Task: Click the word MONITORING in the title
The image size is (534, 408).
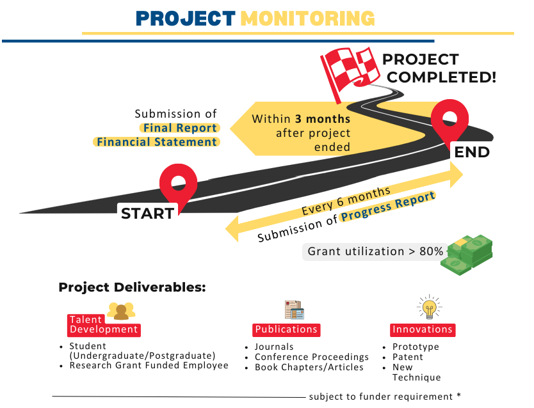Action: (x=308, y=18)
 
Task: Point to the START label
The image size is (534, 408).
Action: (x=147, y=214)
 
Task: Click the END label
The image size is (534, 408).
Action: (x=472, y=152)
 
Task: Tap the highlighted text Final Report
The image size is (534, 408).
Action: (x=180, y=128)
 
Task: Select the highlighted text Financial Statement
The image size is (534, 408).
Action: (x=157, y=142)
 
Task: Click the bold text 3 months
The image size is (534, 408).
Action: (x=323, y=119)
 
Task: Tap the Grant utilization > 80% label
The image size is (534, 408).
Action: (x=375, y=251)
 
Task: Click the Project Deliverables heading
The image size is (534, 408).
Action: (x=132, y=287)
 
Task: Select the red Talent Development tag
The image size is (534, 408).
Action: (x=103, y=325)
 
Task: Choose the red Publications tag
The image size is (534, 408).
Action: (x=286, y=329)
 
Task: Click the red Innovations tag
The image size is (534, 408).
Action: (x=423, y=329)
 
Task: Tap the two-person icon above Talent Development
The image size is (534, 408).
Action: (x=121, y=310)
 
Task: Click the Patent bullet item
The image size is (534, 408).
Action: (x=408, y=357)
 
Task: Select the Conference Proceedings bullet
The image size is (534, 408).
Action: (x=312, y=357)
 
